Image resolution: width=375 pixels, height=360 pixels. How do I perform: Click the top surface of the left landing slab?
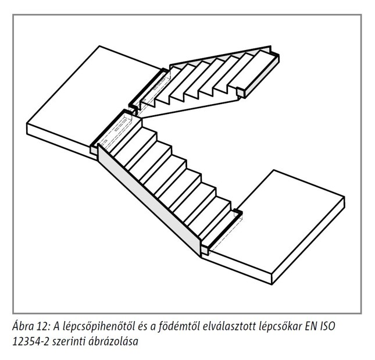[93, 96]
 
